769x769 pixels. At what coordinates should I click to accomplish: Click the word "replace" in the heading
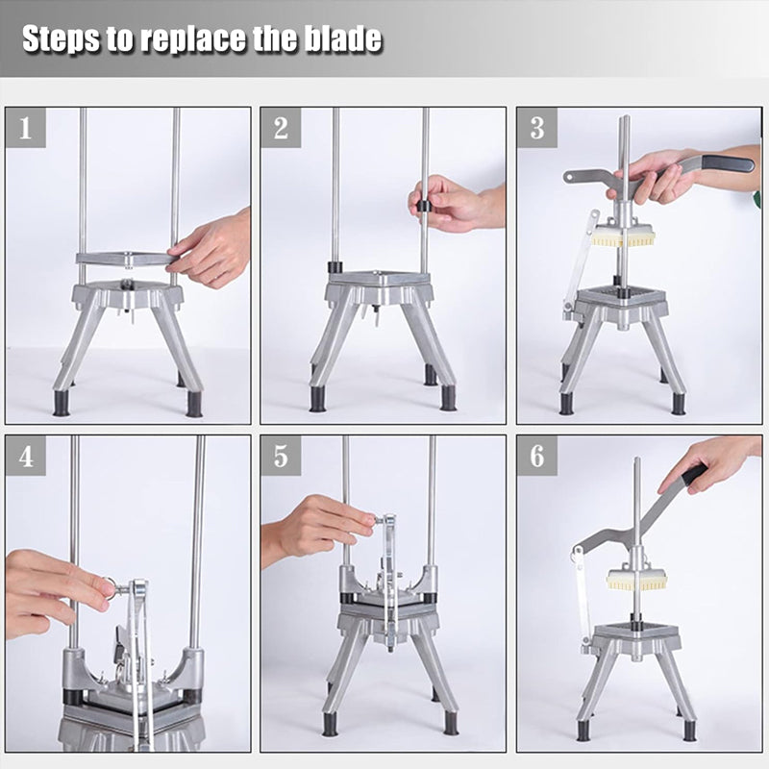(194, 39)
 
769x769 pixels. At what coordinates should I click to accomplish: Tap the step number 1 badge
(26, 128)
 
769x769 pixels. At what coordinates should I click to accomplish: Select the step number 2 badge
(281, 128)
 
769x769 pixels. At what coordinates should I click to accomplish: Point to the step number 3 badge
(537, 128)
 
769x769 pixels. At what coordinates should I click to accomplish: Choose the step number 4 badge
(26, 456)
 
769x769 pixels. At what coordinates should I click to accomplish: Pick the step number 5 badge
(281, 456)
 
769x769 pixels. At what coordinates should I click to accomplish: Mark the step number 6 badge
(537, 456)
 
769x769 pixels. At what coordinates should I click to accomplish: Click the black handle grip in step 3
(729, 163)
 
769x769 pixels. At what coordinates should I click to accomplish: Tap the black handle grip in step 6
(694, 475)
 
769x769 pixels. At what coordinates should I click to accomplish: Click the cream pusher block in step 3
(623, 236)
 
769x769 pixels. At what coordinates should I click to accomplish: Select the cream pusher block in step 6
(637, 580)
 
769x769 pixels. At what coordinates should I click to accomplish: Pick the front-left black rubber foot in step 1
(62, 403)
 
